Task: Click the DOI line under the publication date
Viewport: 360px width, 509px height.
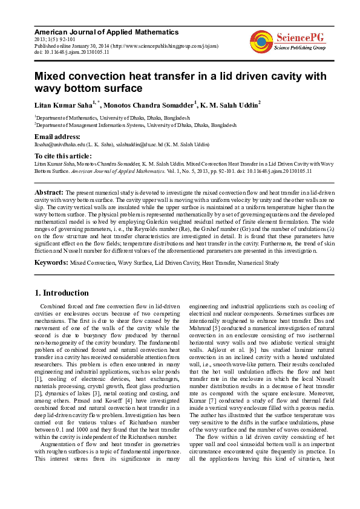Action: [72, 52]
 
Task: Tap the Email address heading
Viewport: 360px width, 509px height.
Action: [57, 137]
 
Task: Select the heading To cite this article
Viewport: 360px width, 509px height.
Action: [67, 156]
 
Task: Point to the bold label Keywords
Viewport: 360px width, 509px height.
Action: [51, 263]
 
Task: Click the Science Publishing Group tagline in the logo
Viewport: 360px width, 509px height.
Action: [300, 47]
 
